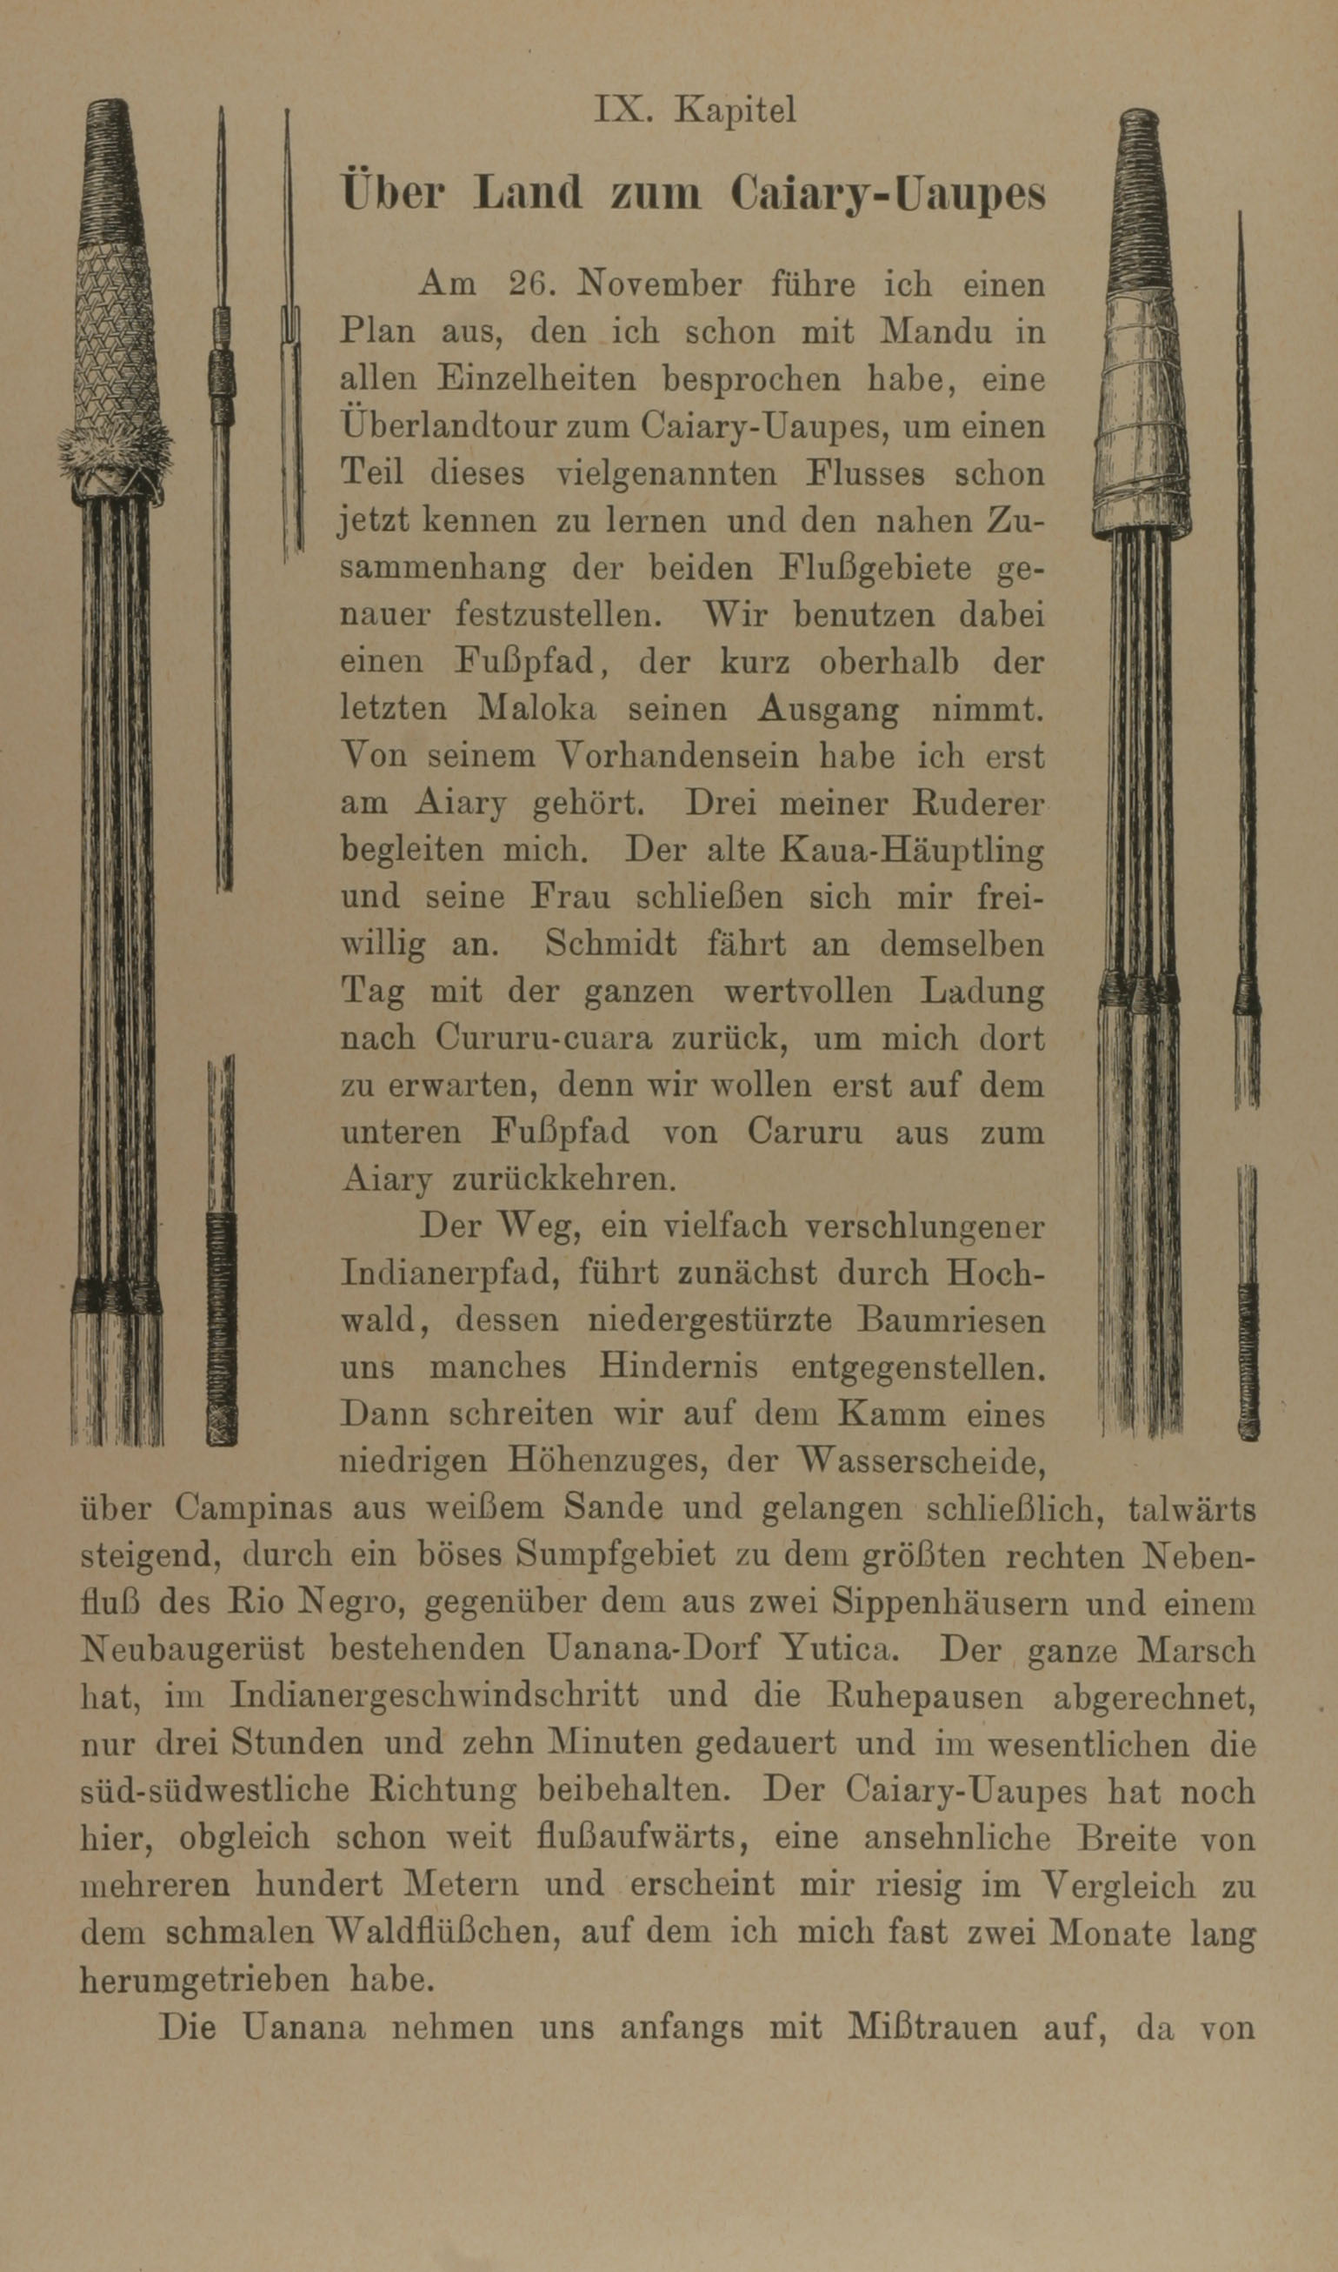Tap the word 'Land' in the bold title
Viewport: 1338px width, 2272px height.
[528, 194]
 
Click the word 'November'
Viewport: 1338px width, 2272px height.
[660, 285]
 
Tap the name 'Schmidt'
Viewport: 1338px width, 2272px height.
[610, 944]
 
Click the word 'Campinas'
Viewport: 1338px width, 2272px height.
[253, 1508]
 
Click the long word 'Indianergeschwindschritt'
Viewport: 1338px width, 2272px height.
[434, 1695]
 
